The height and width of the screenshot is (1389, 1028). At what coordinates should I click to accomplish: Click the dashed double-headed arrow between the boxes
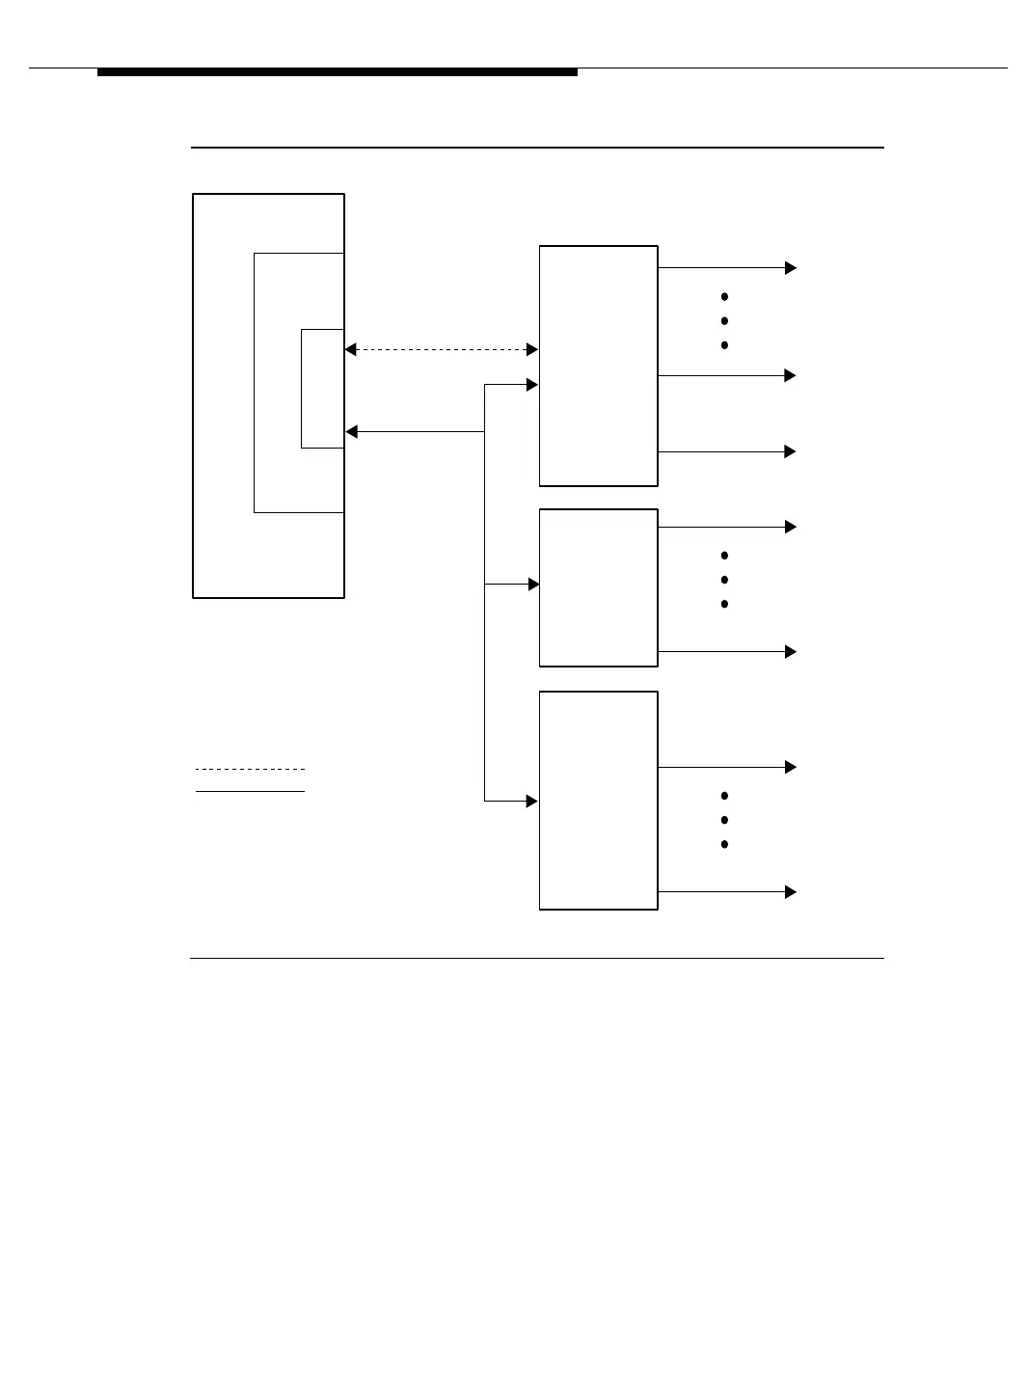coord(441,349)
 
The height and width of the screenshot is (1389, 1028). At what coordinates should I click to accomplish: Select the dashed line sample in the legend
coord(250,769)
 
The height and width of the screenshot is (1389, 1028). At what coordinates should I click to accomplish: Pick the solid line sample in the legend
coord(250,791)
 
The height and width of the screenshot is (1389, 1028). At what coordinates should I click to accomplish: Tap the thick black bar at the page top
coord(338,72)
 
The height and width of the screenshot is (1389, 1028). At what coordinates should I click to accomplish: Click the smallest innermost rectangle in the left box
coord(322,389)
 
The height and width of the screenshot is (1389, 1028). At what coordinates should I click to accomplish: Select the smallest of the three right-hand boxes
coord(598,587)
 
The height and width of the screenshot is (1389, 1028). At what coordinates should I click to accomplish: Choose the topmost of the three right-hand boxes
coord(598,366)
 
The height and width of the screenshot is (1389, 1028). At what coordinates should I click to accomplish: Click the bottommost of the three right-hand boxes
coord(598,801)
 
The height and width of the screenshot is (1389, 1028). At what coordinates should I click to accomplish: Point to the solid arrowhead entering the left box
coord(352,432)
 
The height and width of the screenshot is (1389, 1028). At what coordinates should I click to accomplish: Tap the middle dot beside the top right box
coord(724,321)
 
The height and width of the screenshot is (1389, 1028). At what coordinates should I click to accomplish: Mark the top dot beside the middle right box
coord(724,556)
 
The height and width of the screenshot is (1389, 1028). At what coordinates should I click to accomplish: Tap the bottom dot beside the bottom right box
coord(724,844)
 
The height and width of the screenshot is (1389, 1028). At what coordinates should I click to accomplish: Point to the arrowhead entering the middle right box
coord(533,585)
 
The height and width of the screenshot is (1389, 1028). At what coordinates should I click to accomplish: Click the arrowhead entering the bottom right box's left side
coord(532,801)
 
